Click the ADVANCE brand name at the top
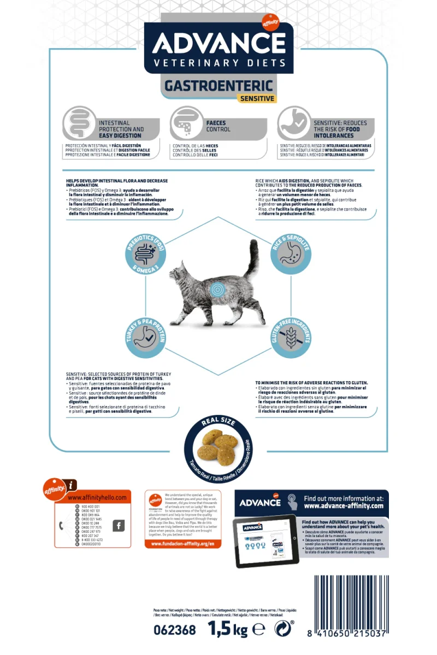pyautogui.click(x=218, y=43)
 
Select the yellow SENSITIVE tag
pyautogui.click(x=256, y=98)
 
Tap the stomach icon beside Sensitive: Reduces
pyautogui.click(x=293, y=123)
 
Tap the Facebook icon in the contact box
pyautogui.click(x=118, y=526)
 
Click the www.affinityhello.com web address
pyautogui.click(x=97, y=498)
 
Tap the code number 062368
pyautogui.click(x=175, y=630)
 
